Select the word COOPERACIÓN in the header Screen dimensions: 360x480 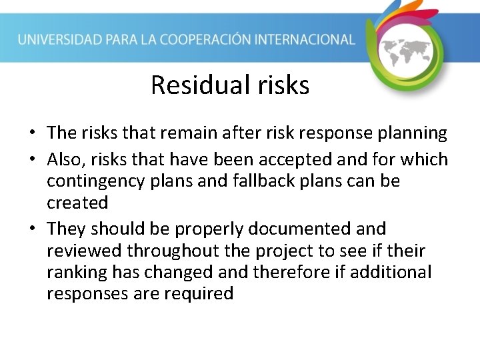click(x=219, y=39)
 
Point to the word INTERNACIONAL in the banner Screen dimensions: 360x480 click(x=311, y=39)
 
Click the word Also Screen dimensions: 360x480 click(x=65, y=159)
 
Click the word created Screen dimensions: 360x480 click(x=77, y=202)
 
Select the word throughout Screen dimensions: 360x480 click(x=173, y=251)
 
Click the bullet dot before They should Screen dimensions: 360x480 click(x=33, y=229)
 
